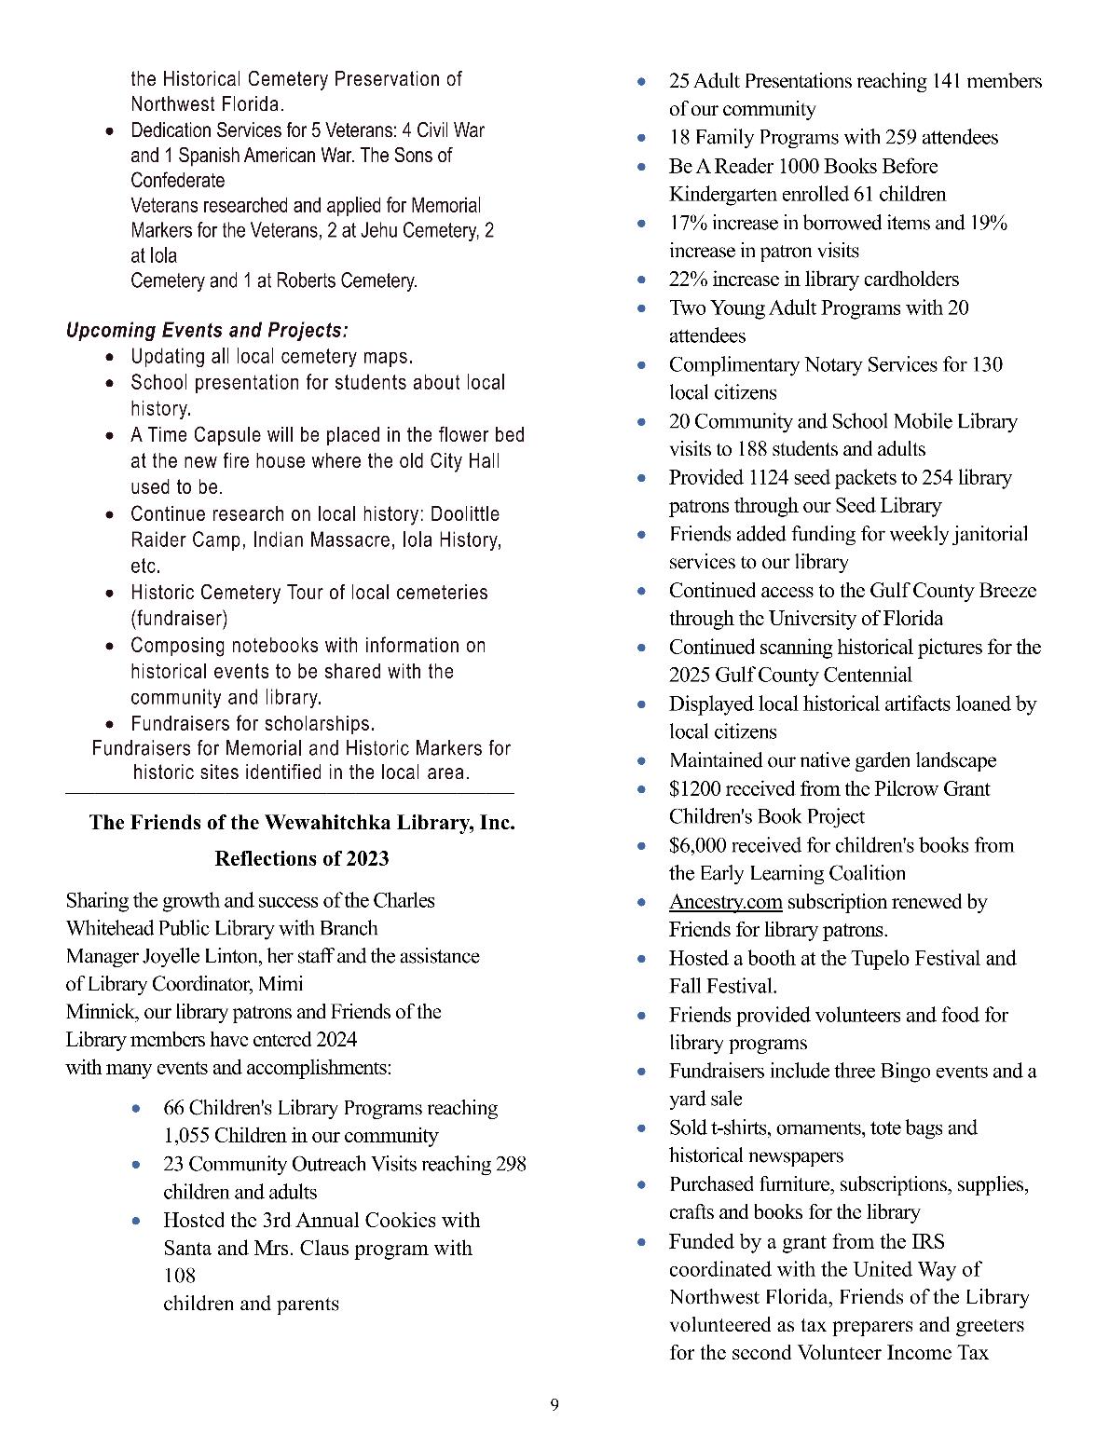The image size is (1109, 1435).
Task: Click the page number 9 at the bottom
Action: pyautogui.click(x=554, y=1405)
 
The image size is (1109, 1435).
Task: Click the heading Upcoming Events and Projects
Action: pyautogui.click(x=207, y=331)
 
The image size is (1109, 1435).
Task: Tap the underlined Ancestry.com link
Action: pyautogui.click(x=725, y=902)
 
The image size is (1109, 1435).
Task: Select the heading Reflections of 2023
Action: pyautogui.click(x=301, y=858)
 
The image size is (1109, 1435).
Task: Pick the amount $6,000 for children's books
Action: pyautogui.click(x=698, y=846)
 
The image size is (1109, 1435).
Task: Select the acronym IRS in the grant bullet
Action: pyautogui.click(x=927, y=1242)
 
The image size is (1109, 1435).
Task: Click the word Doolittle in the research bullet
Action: pyautogui.click(x=458, y=514)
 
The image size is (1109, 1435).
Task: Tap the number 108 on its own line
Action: pyautogui.click(x=179, y=1276)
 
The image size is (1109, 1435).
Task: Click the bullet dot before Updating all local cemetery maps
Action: pyautogui.click(x=112, y=357)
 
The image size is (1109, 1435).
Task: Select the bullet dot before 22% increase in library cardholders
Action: pyautogui.click(x=641, y=280)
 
